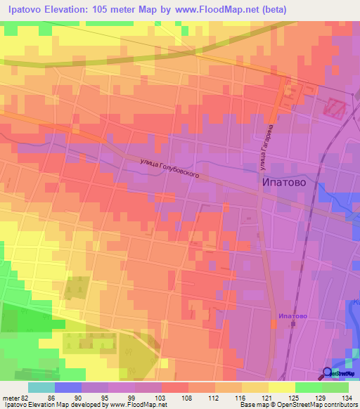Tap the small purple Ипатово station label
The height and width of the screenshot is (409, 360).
[292, 316]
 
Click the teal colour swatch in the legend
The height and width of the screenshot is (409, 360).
[41, 387]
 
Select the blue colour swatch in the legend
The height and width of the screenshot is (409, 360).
[67, 387]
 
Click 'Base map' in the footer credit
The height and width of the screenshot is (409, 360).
[255, 405]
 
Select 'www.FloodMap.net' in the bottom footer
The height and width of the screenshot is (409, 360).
[137, 405]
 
